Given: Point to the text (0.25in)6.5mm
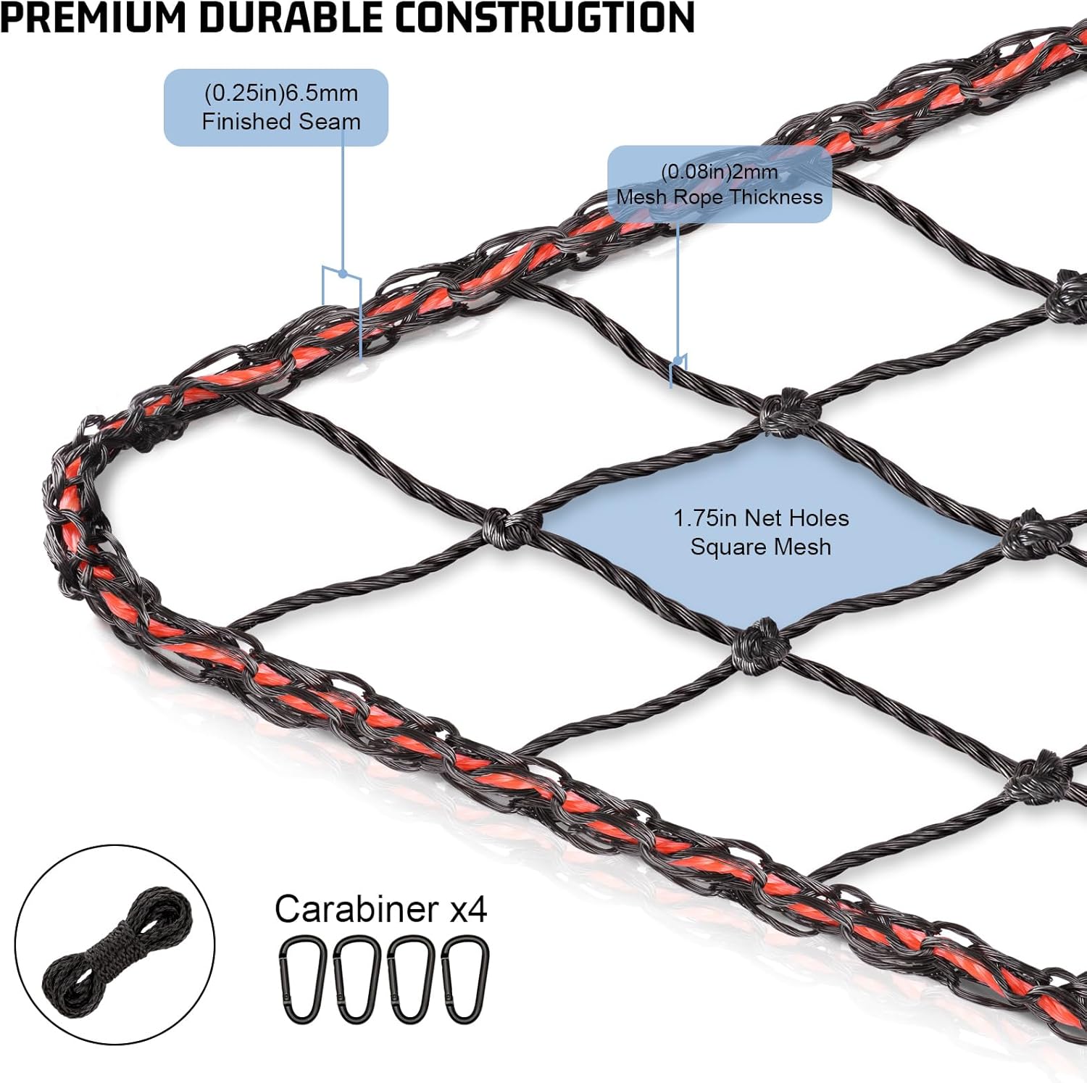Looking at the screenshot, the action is [281, 93].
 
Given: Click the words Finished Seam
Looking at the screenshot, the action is [281, 121].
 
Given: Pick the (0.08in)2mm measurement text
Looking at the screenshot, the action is [719, 172].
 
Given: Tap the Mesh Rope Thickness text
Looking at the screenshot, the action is [719, 196].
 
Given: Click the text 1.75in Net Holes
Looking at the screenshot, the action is [761, 518].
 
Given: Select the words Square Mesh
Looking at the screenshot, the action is [761, 547].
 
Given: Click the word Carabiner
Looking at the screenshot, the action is [357, 908].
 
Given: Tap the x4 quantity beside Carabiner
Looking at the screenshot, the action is [468, 909].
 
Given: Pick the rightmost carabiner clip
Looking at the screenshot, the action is [465, 979].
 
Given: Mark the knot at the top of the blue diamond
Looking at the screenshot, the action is [786, 412].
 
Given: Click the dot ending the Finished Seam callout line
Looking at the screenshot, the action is [343, 274].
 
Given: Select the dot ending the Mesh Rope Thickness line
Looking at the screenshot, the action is [678, 360].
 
